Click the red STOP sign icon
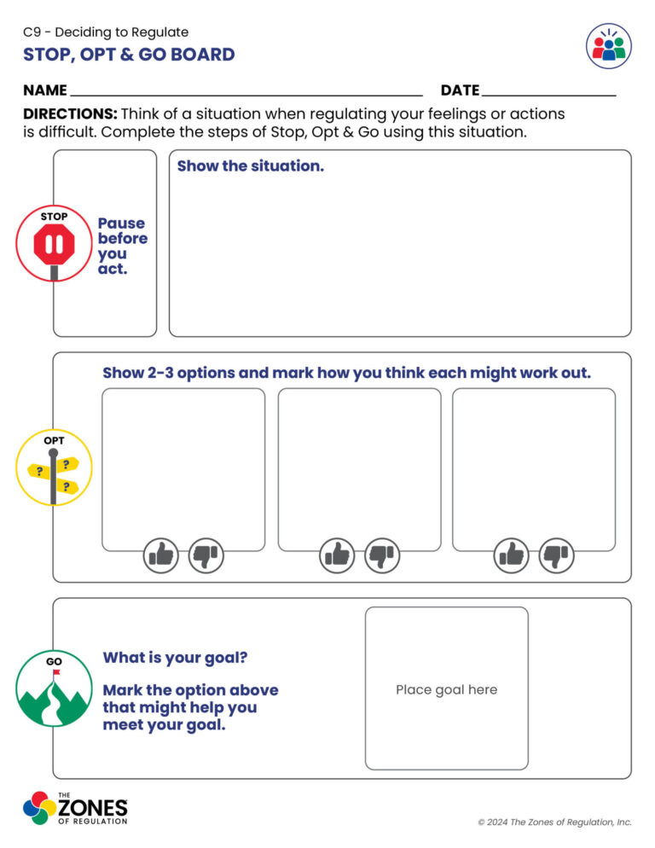click(x=54, y=244)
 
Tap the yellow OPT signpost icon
click(x=53, y=468)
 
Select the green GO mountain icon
click(x=53, y=688)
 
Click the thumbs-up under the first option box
click(x=159, y=555)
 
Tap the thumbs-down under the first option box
click(x=206, y=555)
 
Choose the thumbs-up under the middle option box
click(x=337, y=555)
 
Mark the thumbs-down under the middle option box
click(x=382, y=555)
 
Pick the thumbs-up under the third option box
click(x=512, y=555)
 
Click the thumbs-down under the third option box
click(x=557, y=555)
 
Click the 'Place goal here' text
click(x=446, y=689)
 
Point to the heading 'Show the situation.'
click(x=250, y=166)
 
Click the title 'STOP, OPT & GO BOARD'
click(x=129, y=55)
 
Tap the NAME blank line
click(x=246, y=91)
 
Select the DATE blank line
click(x=548, y=91)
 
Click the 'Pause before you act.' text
click(x=122, y=246)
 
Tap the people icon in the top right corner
click(x=609, y=46)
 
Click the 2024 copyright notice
click(x=554, y=822)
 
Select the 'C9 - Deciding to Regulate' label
click(x=106, y=32)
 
